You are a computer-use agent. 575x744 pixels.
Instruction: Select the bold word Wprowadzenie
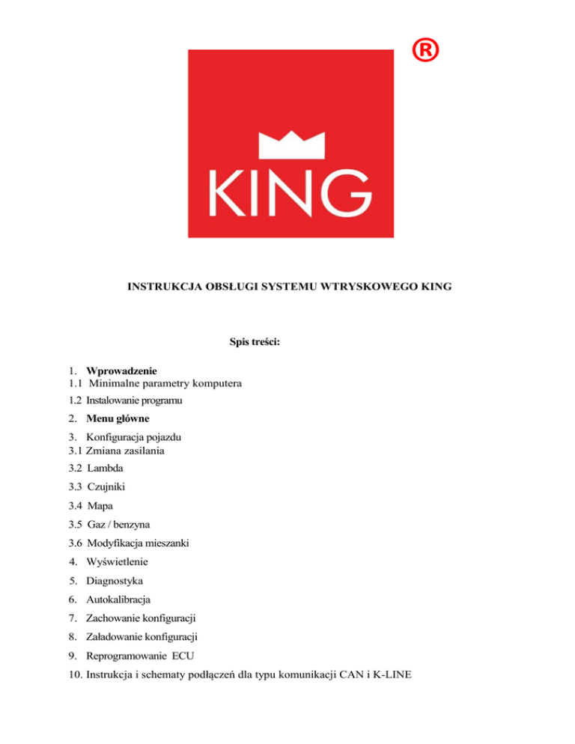121,371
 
